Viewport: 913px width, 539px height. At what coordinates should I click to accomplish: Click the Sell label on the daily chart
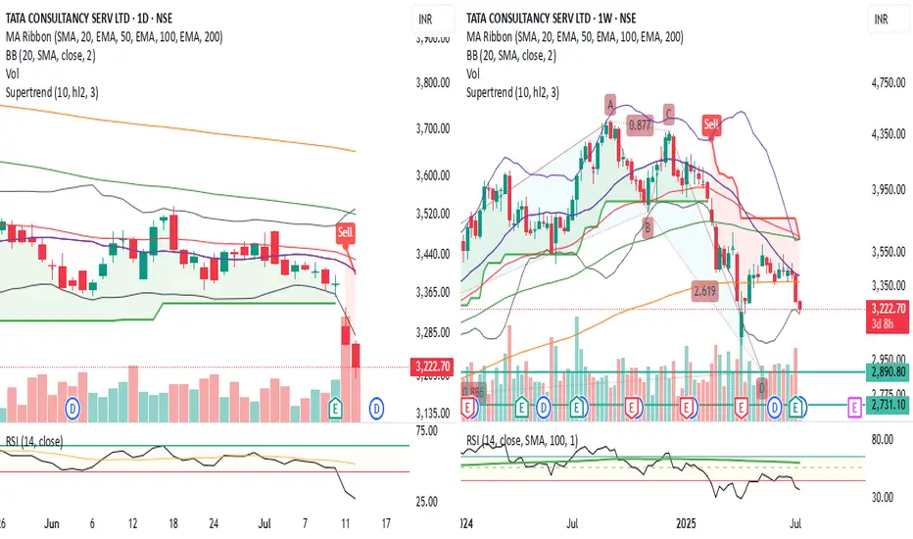(345, 232)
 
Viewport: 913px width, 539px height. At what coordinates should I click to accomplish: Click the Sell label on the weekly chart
(712, 124)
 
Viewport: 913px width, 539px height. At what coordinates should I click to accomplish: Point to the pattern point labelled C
(669, 113)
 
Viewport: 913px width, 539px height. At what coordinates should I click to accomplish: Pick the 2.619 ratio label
(703, 291)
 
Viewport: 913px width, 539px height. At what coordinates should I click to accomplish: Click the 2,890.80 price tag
(886, 372)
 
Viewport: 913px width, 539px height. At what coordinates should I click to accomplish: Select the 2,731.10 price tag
(886, 404)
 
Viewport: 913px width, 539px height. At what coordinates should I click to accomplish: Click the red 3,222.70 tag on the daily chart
(429, 367)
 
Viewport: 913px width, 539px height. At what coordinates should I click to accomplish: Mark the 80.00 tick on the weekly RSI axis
(885, 440)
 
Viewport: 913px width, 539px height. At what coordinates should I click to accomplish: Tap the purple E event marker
(854, 405)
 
